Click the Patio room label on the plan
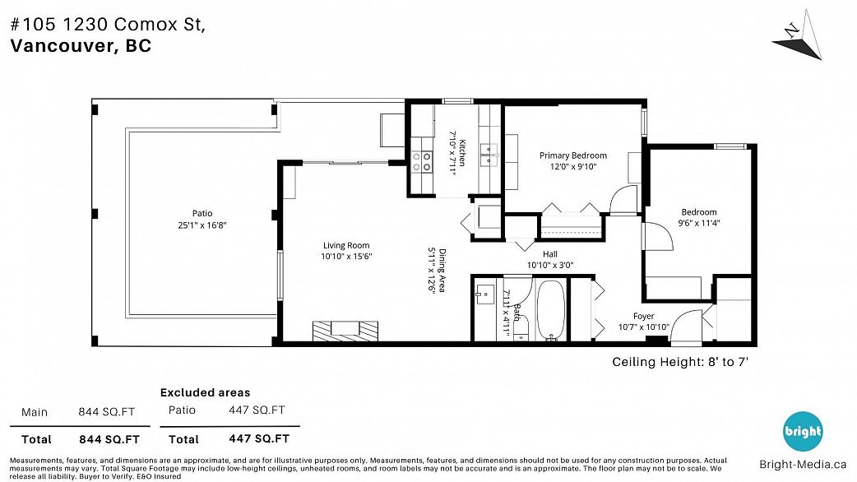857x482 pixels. [202, 213]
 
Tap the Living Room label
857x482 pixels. [346, 245]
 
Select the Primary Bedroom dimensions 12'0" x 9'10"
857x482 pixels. [572, 167]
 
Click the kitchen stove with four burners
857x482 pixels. [421, 161]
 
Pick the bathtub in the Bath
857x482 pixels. [550, 310]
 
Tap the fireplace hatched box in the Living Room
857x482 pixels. [345, 331]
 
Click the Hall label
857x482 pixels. [550, 254]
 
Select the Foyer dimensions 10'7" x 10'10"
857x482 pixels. [644, 327]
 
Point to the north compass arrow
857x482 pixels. [798, 41]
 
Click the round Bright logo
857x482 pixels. [803, 432]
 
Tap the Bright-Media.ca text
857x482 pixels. [803, 465]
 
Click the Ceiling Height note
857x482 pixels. [680, 362]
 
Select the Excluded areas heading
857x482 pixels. [205, 392]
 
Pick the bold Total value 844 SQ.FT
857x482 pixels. [109, 439]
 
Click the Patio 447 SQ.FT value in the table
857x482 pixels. [257, 410]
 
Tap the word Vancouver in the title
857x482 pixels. [61, 46]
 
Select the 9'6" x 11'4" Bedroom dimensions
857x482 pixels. [699, 223]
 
